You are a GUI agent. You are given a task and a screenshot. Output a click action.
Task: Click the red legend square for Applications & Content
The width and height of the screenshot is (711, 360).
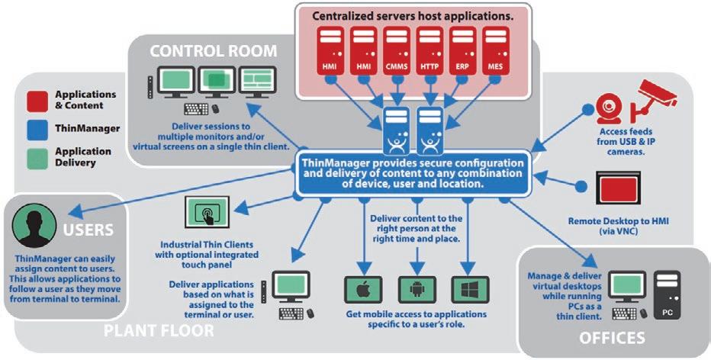[36, 99]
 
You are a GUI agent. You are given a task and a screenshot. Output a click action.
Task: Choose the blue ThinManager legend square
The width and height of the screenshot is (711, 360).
[36, 128]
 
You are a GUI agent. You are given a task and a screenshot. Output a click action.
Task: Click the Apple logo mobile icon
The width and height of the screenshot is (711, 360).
[363, 290]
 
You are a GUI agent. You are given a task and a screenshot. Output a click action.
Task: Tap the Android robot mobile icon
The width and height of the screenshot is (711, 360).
[415, 290]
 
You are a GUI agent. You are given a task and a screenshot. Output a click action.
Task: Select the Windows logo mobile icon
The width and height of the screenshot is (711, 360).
[468, 290]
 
